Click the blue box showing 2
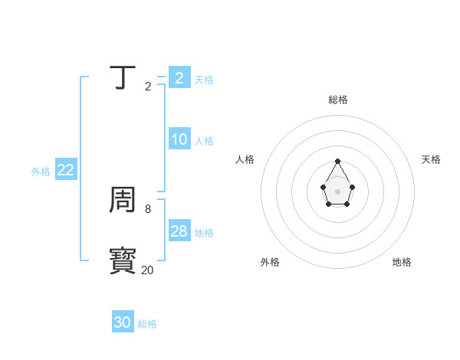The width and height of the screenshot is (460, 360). (x=179, y=77)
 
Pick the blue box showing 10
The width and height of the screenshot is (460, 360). (x=179, y=139)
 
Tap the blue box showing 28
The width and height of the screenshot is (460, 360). (x=179, y=231)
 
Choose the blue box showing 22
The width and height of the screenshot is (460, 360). (x=65, y=170)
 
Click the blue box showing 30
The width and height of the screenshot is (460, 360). (x=122, y=322)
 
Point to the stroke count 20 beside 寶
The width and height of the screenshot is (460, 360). (x=147, y=270)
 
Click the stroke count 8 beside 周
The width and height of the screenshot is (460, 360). (x=148, y=208)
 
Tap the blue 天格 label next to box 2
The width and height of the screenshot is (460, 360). (x=204, y=79)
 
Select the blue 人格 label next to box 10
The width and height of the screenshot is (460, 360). (x=204, y=141)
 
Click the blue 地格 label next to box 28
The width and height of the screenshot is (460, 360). (x=204, y=233)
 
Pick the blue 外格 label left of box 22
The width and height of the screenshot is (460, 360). (x=41, y=172)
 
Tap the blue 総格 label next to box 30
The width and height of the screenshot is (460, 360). (x=147, y=324)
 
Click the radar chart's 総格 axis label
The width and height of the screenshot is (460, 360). (x=337, y=100)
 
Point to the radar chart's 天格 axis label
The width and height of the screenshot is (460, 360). (x=431, y=159)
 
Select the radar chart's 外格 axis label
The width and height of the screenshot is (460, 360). (x=270, y=262)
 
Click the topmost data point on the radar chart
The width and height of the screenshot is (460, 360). (x=337, y=161)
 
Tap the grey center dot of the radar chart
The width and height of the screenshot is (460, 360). (x=337, y=191)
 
